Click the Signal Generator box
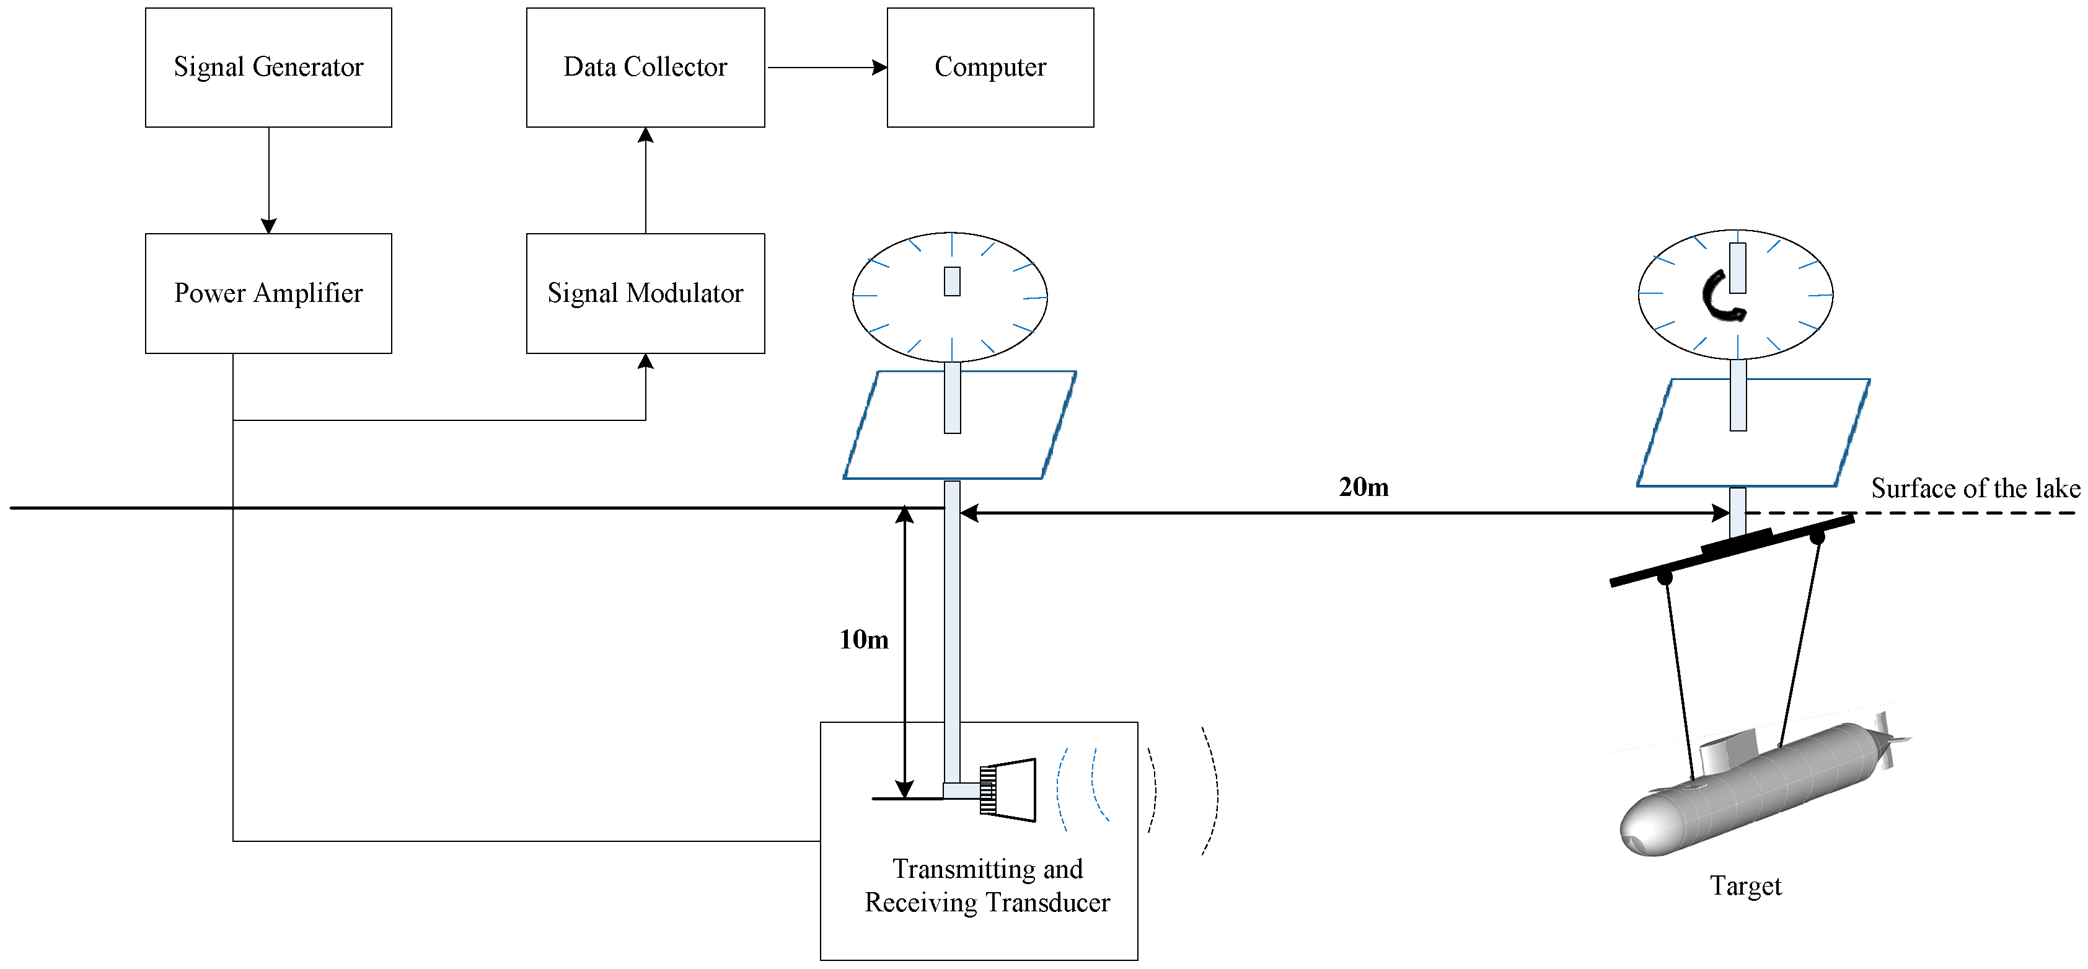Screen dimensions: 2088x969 [268, 68]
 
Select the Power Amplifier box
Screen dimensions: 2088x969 [268, 293]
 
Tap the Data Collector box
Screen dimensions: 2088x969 [645, 68]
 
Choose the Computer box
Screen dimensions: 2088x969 [990, 68]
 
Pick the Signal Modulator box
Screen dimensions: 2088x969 [645, 293]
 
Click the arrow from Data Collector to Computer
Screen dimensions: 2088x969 [827, 68]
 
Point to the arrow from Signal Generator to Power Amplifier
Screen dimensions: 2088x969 [269, 180]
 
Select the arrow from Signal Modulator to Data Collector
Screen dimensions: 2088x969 [646, 180]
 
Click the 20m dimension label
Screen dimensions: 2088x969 [1363, 487]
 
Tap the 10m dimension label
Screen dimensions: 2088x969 [863, 639]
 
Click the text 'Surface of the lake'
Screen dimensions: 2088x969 [1975, 488]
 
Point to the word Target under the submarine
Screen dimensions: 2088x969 [1745, 885]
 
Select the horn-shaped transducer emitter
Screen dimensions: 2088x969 [1008, 790]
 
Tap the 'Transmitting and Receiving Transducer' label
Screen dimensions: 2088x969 [987, 885]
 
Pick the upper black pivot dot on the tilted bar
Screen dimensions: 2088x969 [1817, 537]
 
